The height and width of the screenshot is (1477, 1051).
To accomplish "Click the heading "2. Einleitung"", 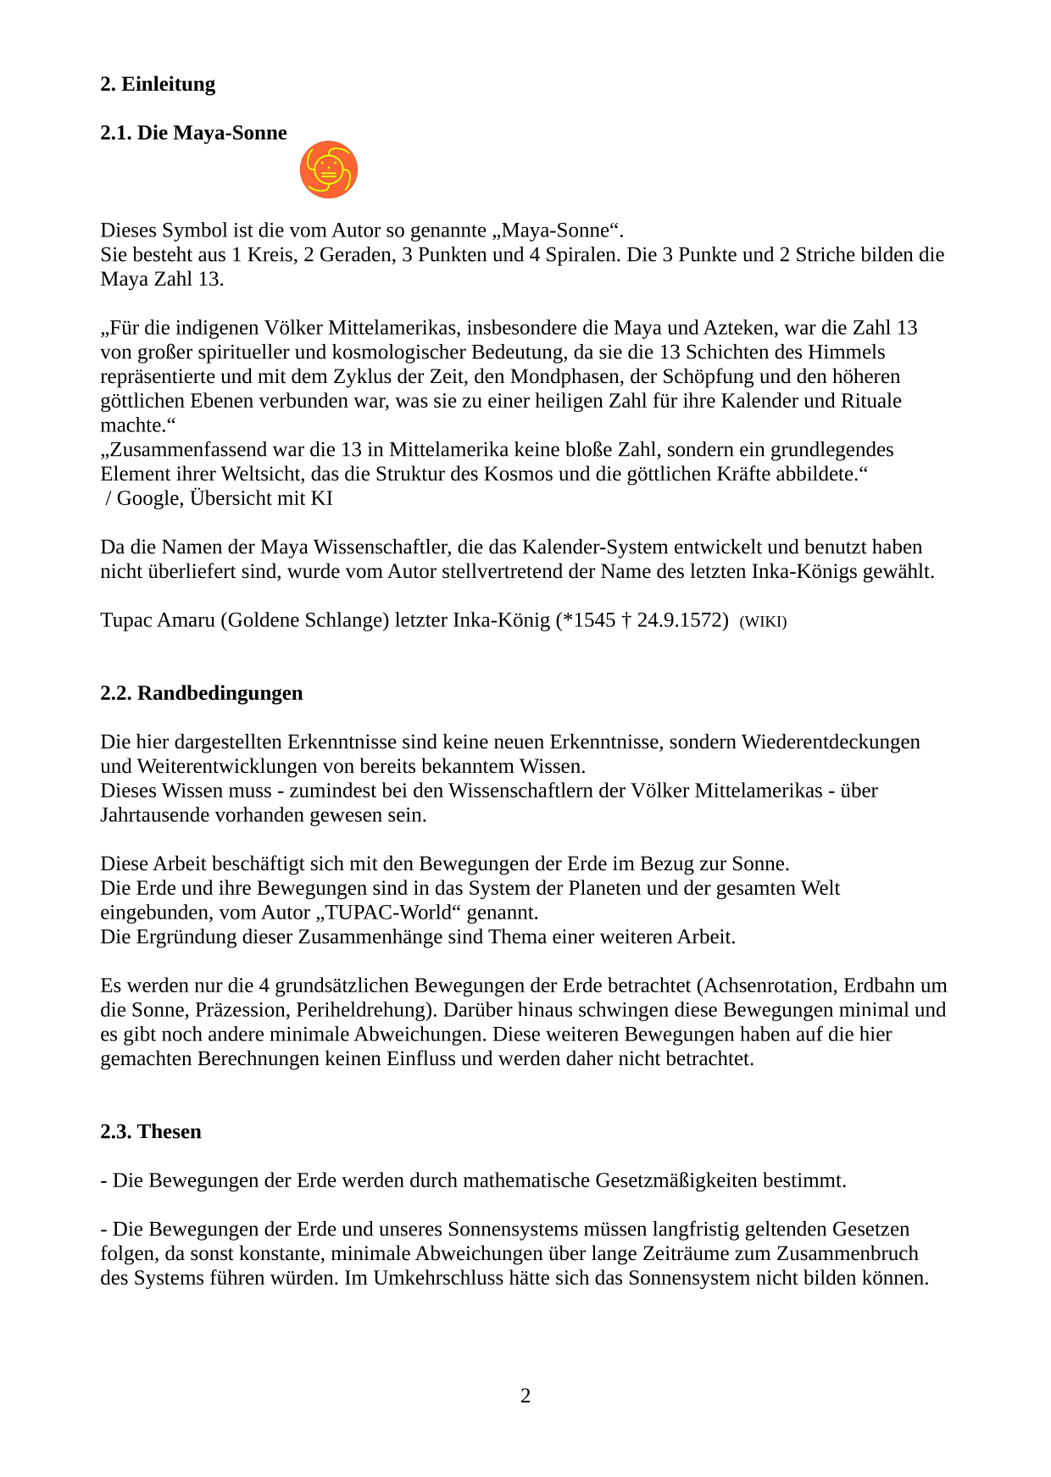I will (x=158, y=84).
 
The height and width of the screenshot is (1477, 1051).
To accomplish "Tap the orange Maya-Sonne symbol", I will (x=328, y=169).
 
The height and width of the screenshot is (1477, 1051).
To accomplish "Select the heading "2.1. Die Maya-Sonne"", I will (x=193, y=133).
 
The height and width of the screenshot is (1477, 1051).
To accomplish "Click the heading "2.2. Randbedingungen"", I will (x=201, y=693).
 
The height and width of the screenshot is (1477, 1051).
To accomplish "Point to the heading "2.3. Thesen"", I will (x=151, y=1132).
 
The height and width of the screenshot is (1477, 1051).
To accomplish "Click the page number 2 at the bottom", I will (x=525, y=1396).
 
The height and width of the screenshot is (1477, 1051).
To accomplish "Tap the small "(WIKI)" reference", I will (x=763, y=622).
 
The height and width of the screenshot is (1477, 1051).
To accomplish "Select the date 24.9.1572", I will (x=682, y=620).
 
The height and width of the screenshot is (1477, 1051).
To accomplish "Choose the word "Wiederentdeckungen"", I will (x=831, y=742).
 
